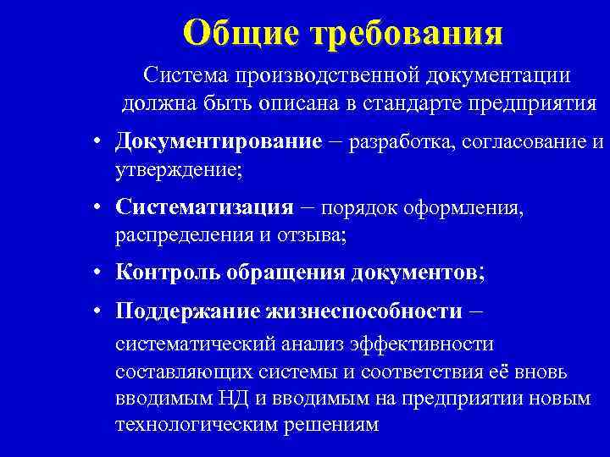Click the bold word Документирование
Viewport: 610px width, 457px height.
coord(219,140)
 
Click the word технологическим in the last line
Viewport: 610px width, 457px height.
coord(208,426)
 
